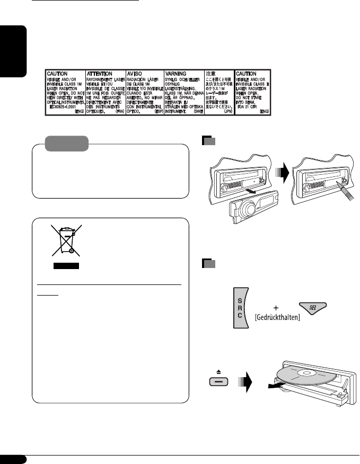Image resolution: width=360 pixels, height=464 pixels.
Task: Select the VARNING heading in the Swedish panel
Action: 178,74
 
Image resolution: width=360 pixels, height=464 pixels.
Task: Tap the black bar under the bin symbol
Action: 66,265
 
